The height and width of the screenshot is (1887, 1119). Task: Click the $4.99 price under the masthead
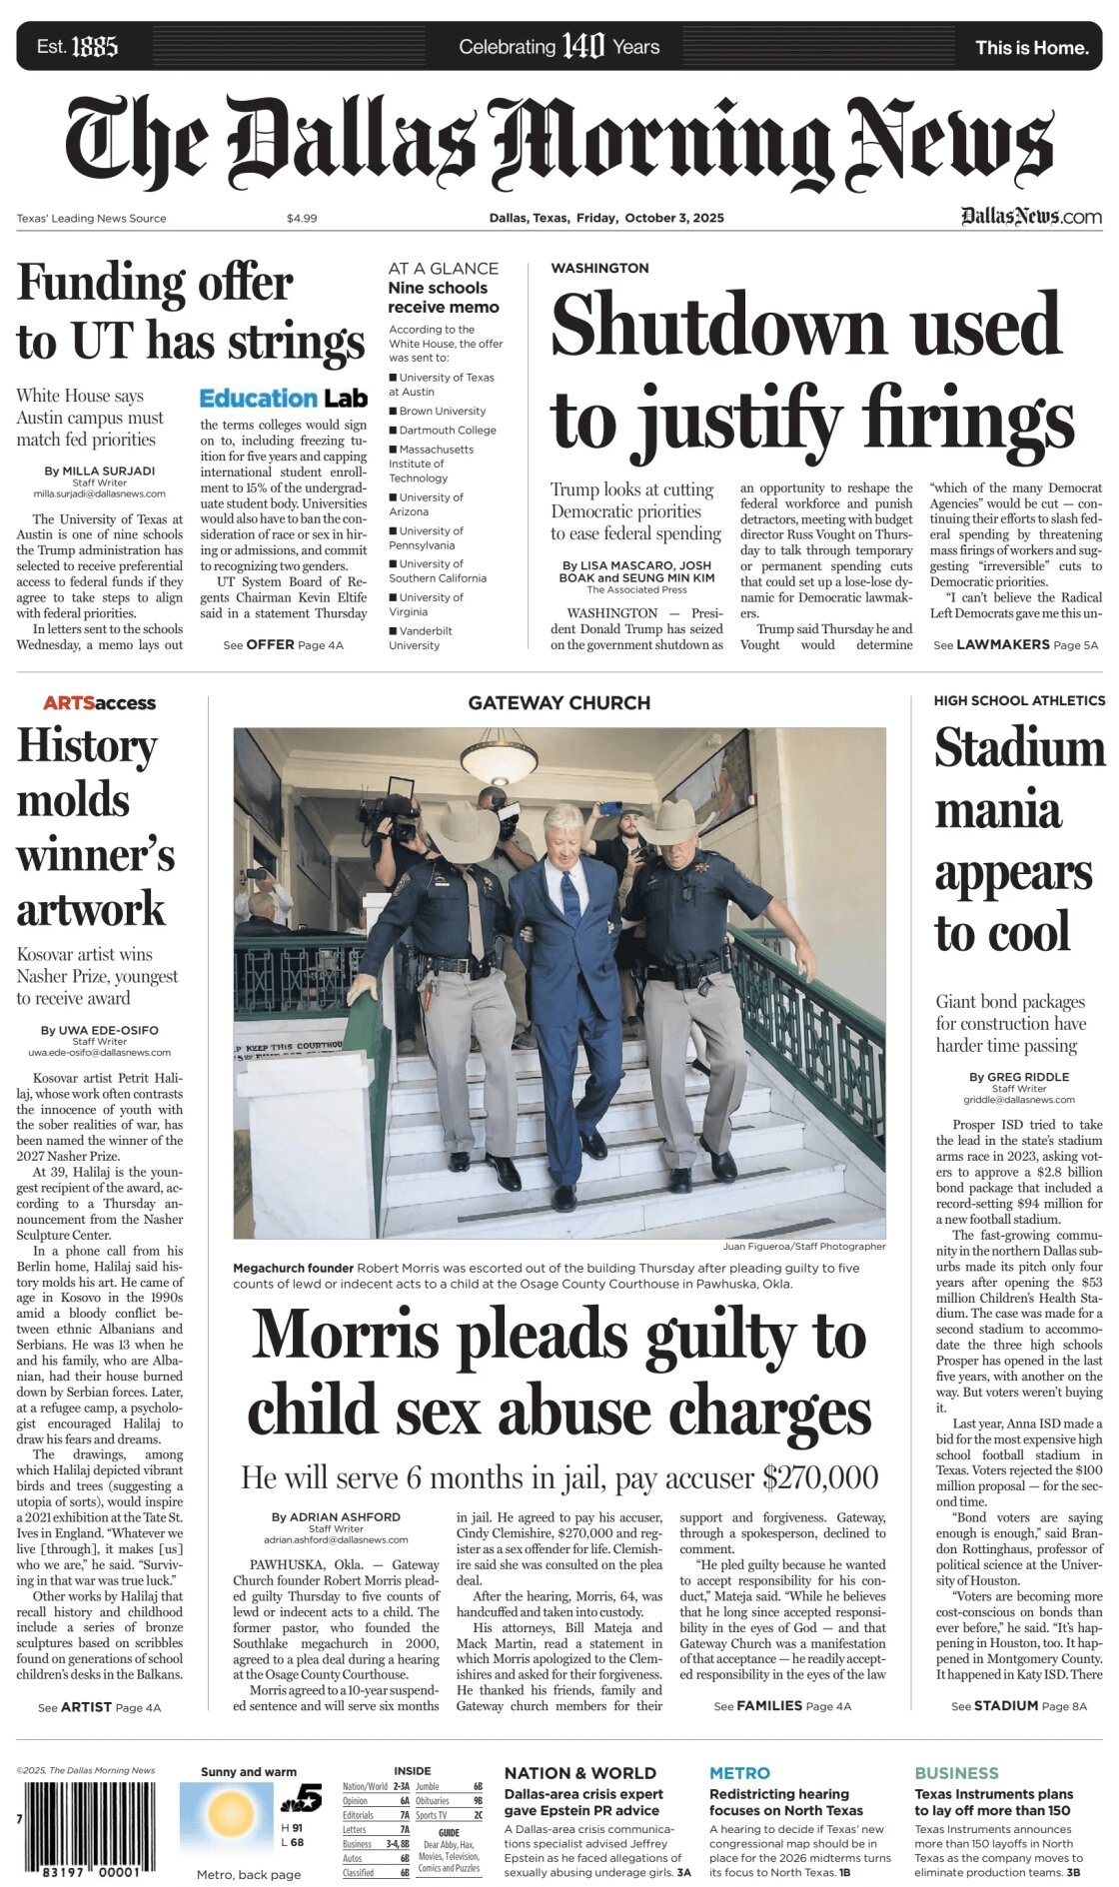(301, 218)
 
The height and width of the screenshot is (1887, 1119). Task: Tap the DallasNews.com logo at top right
(1031, 217)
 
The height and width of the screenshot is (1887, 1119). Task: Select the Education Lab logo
(283, 398)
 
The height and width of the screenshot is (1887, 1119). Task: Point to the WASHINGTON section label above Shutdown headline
(599, 268)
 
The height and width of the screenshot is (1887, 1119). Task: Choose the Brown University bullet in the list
(442, 411)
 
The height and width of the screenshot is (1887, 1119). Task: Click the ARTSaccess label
(99, 702)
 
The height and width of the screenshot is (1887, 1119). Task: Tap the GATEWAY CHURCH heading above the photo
(559, 702)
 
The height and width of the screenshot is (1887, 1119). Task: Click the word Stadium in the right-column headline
(1019, 749)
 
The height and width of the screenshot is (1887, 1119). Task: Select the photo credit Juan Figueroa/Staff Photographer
(803, 1246)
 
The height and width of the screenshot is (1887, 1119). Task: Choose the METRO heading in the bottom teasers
(739, 1772)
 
